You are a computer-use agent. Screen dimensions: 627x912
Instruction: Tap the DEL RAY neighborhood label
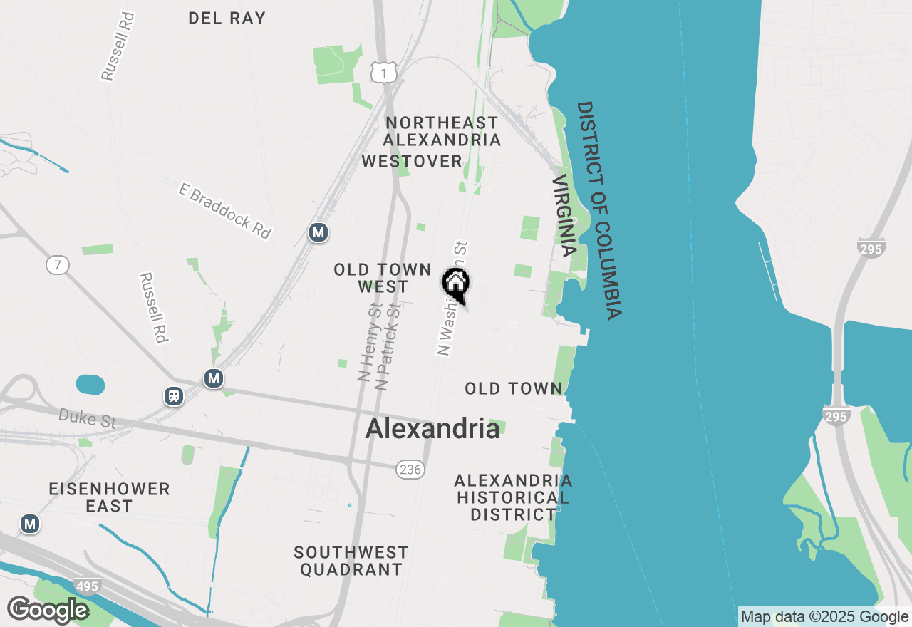click(x=227, y=18)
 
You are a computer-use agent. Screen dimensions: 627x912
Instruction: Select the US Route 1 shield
click(x=383, y=71)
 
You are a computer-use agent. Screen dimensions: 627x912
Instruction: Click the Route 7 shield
click(x=58, y=266)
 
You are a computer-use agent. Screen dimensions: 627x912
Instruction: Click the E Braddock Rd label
click(x=225, y=211)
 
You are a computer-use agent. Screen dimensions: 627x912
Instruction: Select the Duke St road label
click(x=87, y=418)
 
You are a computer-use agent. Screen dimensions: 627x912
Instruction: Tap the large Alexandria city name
click(x=432, y=428)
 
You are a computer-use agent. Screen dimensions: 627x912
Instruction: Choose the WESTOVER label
click(x=412, y=162)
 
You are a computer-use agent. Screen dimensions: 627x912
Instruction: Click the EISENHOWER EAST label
click(x=110, y=497)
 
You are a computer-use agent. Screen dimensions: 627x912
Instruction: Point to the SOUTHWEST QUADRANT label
click(x=351, y=561)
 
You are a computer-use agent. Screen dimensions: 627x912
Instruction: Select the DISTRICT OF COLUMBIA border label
click(x=599, y=209)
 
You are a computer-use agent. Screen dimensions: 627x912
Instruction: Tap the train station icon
click(x=173, y=396)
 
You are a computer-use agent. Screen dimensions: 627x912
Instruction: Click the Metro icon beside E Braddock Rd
click(x=318, y=232)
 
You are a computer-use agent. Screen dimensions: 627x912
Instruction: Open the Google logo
click(x=48, y=610)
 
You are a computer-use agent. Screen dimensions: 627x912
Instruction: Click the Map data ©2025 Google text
click(x=824, y=617)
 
